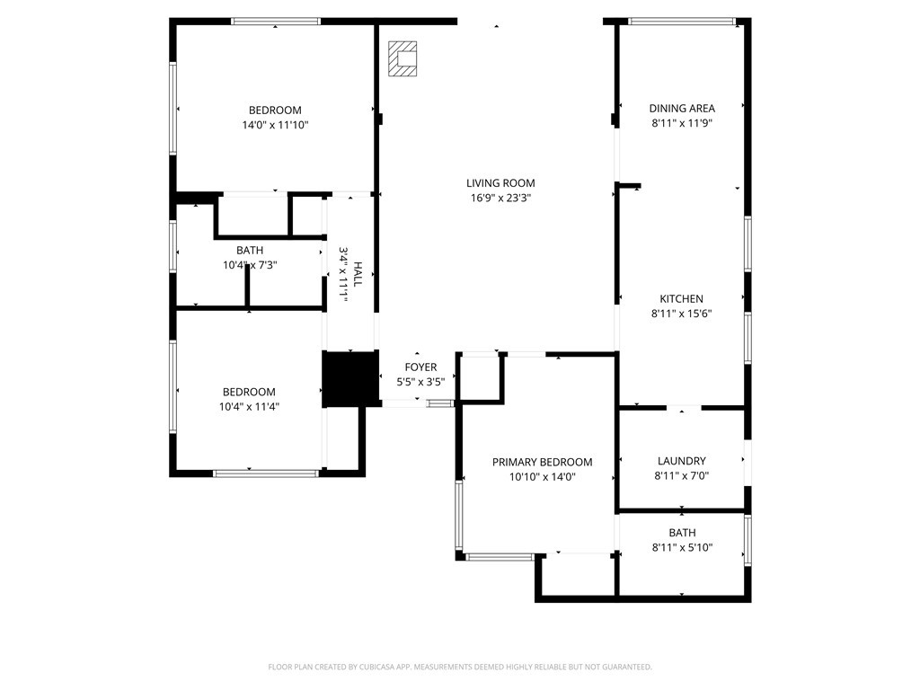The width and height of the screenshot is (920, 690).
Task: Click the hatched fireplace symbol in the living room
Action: tap(402, 58)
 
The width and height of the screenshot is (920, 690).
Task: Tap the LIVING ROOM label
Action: tap(500, 183)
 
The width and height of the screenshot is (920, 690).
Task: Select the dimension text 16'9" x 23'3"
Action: tap(500, 199)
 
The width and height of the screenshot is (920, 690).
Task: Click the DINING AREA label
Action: tap(682, 108)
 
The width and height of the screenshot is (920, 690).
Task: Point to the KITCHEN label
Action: tap(681, 298)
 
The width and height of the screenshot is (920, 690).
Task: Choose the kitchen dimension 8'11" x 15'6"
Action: tap(681, 314)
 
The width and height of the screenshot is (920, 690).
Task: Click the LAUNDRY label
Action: tap(681, 461)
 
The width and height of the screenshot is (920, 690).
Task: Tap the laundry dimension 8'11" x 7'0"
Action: tap(681, 476)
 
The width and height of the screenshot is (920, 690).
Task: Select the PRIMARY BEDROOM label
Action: tap(542, 463)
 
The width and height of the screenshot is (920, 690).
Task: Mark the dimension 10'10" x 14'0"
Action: tap(542, 477)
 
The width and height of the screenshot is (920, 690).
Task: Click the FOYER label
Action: tap(420, 367)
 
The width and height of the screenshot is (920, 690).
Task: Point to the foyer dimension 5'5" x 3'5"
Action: tap(420, 382)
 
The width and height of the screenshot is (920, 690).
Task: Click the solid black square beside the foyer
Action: tap(350, 379)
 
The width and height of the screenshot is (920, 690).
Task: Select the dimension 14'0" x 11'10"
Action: tap(275, 125)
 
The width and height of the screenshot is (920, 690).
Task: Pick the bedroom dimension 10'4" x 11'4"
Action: tap(250, 407)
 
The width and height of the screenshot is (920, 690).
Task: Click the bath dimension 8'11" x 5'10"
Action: tap(682, 548)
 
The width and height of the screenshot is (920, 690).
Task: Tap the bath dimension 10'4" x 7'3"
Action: tap(250, 265)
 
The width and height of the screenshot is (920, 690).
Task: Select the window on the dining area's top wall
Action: tap(681, 22)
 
